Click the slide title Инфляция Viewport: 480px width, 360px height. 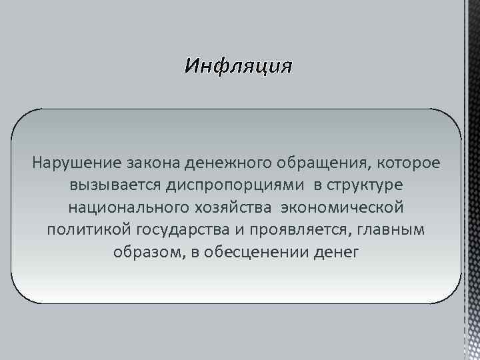(x=238, y=67)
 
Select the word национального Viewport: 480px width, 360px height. (x=128, y=207)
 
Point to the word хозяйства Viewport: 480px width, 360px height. (x=235, y=207)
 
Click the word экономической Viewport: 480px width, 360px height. (x=342, y=207)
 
